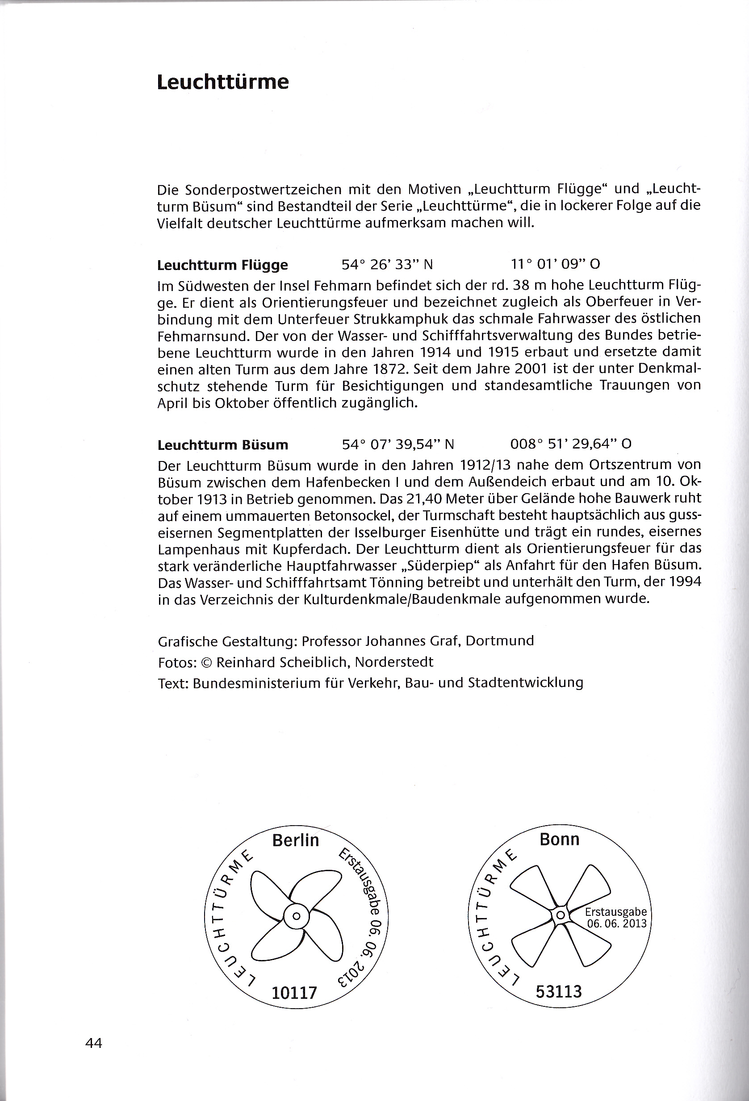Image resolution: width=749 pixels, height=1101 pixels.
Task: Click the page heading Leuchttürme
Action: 223,83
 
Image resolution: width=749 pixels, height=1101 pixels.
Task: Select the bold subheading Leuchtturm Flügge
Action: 222,265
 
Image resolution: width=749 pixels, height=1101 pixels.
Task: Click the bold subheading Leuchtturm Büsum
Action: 223,445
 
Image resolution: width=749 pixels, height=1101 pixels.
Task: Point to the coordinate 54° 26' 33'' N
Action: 387,264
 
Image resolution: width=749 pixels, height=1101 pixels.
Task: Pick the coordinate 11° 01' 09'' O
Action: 555,264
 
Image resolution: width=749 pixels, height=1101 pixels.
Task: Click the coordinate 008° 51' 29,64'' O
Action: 571,444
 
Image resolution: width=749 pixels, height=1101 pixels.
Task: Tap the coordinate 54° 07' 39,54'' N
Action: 398,445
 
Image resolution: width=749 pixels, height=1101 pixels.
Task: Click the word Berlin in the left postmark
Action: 295,840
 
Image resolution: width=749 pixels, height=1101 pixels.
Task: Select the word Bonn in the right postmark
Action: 559,839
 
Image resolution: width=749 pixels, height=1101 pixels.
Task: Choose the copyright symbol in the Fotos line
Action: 206,662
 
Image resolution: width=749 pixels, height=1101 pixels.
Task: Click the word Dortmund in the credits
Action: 500,641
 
